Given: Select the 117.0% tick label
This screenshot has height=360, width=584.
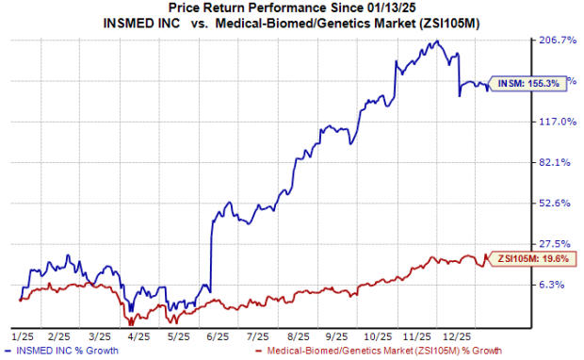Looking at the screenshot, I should coord(556,122).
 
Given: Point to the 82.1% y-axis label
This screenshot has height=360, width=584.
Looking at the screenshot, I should coord(556,162).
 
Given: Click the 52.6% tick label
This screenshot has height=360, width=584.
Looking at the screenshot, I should coord(556,203).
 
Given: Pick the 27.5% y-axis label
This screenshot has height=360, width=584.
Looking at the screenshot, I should coord(556,243).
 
